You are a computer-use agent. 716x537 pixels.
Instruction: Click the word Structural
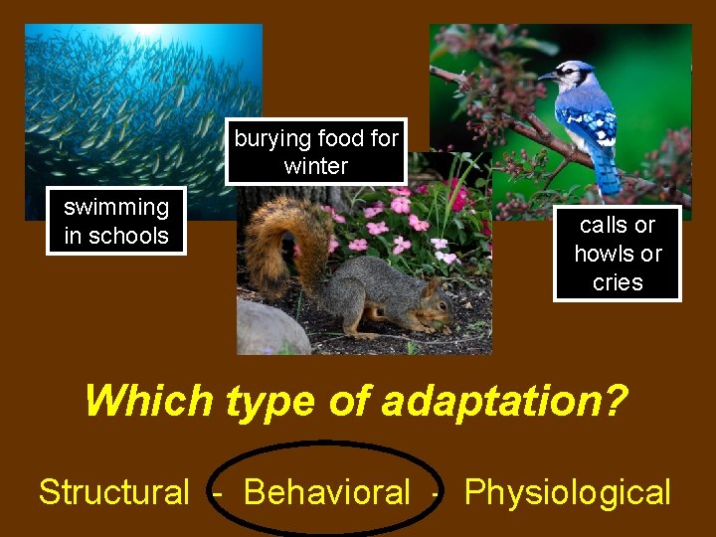[x=113, y=491]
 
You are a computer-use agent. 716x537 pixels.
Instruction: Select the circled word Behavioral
[x=326, y=491]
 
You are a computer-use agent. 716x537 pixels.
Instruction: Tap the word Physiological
[x=567, y=491]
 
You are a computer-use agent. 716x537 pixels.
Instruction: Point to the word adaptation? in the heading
[x=505, y=401]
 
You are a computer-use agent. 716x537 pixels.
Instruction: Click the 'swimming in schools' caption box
[x=116, y=221]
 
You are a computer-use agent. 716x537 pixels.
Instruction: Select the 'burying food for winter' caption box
[x=316, y=152]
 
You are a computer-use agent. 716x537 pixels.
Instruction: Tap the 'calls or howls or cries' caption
[x=618, y=254]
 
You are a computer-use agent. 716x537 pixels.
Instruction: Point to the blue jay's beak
[x=544, y=76]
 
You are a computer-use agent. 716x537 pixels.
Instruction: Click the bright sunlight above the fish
[x=149, y=30]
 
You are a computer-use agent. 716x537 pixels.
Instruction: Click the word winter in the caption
[x=316, y=166]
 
